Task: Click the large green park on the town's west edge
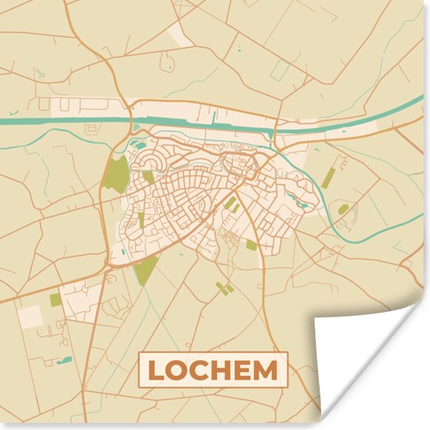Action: pos(116,173)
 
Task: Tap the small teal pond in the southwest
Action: pos(65,360)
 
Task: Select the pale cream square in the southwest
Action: pos(30,316)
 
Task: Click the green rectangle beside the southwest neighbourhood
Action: pos(56,299)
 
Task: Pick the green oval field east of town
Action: pos(343,209)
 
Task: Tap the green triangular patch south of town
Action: pos(145,271)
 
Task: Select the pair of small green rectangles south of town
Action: pos(225,288)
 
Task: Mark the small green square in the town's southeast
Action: pos(251,245)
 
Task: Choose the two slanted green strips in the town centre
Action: pos(232,205)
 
